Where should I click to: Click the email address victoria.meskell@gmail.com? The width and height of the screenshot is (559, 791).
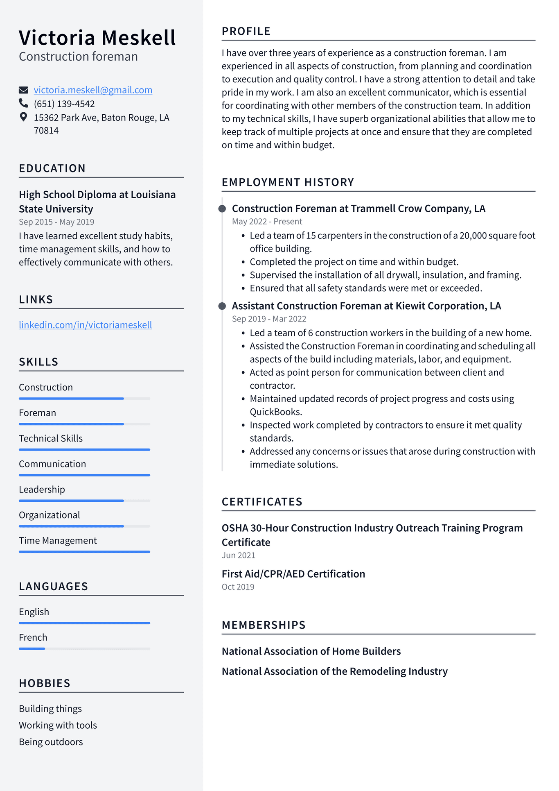(x=93, y=90)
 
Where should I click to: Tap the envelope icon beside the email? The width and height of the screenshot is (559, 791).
(x=24, y=90)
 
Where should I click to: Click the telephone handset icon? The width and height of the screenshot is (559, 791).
(x=24, y=103)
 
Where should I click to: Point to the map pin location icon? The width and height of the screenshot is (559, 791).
(x=24, y=117)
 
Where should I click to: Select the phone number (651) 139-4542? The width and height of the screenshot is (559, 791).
(x=64, y=104)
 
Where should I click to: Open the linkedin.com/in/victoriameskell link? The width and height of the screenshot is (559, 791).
(x=86, y=325)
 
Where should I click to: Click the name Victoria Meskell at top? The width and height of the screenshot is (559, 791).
(x=97, y=38)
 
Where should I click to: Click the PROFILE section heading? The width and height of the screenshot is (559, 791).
(x=246, y=32)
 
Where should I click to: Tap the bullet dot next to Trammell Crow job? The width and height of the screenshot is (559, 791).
(x=222, y=209)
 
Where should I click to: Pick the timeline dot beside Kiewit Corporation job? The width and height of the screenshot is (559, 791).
(x=222, y=306)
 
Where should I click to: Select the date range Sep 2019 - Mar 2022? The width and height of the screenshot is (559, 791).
(x=269, y=319)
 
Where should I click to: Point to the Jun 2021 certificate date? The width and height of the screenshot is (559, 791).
(x=239, y=555)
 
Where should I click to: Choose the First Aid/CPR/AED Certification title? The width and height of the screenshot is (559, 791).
(x=293, y=574)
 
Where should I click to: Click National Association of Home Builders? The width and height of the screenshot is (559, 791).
(x=311, y=652)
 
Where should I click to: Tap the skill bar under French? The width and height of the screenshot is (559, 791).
(x=84, y=649)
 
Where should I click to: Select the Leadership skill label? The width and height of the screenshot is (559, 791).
(x=42, y=490)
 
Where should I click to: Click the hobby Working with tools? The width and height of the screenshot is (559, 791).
(x=58, y=725)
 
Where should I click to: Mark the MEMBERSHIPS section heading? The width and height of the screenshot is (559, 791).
(x=264, y=625)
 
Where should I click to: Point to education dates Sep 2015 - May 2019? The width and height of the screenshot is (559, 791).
(x=56, y=222)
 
